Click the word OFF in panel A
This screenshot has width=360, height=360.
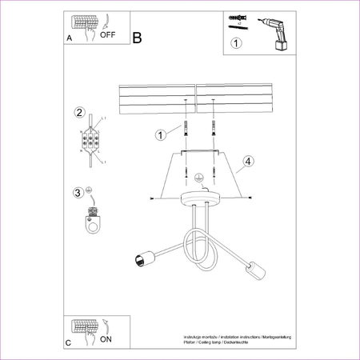[108, 36]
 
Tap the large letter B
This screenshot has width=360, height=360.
[138, 38]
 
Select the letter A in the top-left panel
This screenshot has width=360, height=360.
[69, 38]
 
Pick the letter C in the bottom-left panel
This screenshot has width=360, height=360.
[69, 342]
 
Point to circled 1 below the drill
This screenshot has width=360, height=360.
[236, 44]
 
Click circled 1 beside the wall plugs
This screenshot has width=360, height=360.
[161, 135]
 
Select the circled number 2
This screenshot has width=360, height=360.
[79, 112]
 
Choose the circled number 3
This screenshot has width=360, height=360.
[78, 192]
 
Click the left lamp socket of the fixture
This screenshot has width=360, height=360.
[143, 258]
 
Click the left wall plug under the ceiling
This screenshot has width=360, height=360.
[186, 127]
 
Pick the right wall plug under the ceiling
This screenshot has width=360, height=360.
[214, 127]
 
